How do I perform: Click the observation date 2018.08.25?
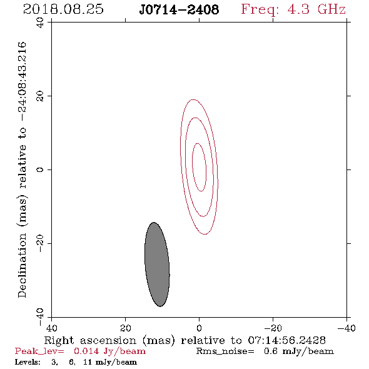[x=63, y=9]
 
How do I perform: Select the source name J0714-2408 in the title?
[x=179, y=9]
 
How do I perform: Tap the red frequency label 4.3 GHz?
[x=316, y=9]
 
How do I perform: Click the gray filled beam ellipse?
[x=157, y=265]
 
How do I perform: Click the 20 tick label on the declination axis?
[x=40, y=96]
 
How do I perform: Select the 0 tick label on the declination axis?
[x=40, y=169]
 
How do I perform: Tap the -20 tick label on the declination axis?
[x=40, y=243]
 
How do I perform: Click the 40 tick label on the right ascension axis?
[x=51, y=328]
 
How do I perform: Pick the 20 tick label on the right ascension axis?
[x=126, y=328]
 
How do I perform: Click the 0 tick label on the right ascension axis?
[x=199, y=328]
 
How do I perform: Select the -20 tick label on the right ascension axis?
[x=273, y=328]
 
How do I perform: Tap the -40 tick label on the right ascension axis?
[x=346, y=328]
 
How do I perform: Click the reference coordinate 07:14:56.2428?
[x=286, y=340]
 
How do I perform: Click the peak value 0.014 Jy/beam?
[x=109, y=351]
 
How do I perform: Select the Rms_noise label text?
[x=225, y=351]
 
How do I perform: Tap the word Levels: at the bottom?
[x=28, y=361]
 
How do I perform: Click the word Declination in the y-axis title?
[x=22, y=265]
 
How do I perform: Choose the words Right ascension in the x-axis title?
[x=90, y=340]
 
